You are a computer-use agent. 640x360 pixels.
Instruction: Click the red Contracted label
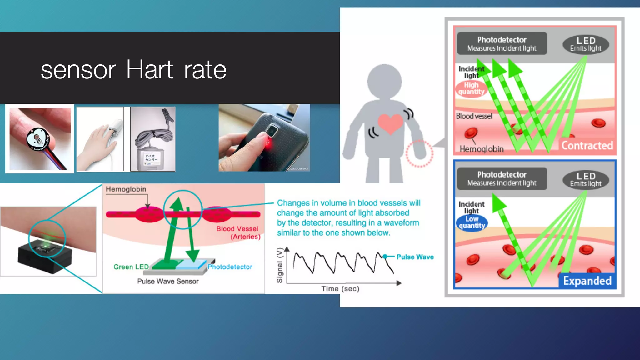coord(587,146)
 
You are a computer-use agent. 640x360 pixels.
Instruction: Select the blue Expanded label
coord(587,281)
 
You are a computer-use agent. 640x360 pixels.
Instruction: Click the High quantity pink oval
coord(471,88)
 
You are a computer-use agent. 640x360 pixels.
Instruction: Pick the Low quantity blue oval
coord(472,222)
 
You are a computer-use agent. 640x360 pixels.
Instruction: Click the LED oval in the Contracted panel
coord(586,44)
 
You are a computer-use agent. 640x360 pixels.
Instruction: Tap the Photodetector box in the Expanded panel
coord(502,178)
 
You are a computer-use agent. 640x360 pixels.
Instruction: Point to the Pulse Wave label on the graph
coord(415,257)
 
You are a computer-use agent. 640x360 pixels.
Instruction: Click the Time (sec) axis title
coord(340,289)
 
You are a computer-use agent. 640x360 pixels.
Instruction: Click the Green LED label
coord(131,267)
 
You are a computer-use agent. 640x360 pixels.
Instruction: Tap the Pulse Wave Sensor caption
coord(168,281)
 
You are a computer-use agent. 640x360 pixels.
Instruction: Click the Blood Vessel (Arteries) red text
coord(238,232)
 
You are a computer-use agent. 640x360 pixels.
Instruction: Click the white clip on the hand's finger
coord(115,127)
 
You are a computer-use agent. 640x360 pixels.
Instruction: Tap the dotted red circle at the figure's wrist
coord(419,153)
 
